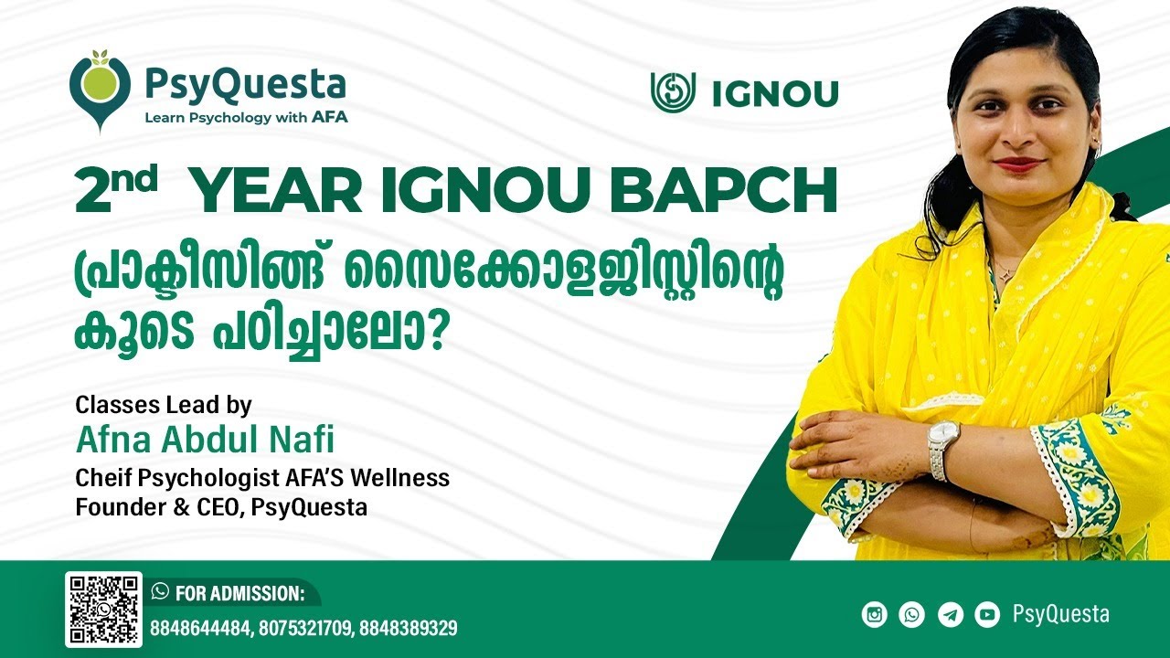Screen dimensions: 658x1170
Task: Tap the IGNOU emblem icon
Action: point(673,91)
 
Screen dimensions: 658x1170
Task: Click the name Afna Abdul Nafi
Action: point(205,440)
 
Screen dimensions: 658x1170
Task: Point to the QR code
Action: point(103,609)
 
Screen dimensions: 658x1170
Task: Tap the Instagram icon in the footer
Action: point(875,615)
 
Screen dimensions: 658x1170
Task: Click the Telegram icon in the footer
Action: point(951,615)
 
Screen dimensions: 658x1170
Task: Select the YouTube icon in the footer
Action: point(987,615)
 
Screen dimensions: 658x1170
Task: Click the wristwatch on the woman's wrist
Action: point(943,448)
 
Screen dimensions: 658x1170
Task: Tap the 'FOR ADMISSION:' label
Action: point(239,593)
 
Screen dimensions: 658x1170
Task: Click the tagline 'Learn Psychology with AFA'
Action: point(246,117)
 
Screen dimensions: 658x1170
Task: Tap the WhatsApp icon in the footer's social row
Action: point(911,615)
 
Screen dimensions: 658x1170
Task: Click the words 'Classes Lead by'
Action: point(163,404)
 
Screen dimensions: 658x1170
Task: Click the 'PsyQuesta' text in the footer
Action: point(1060,615)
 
